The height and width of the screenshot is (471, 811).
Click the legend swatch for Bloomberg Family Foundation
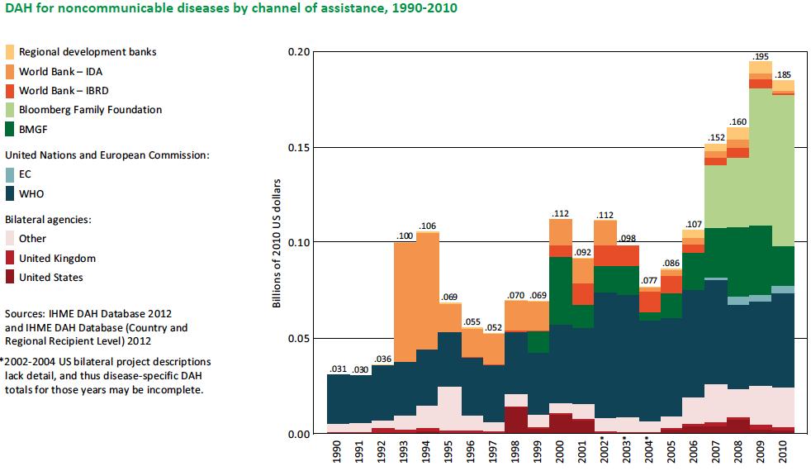point(11,109)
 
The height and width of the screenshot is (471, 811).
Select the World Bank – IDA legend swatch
point(11,71)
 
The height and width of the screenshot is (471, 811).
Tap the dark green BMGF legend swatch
point(11,128)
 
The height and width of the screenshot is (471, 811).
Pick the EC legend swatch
point(11,175)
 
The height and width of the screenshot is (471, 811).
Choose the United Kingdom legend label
point(57,259)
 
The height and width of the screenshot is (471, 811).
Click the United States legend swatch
point(11,278)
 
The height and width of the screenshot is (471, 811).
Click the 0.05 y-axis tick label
point(297,339)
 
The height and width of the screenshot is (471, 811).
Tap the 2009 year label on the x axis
point(761,453)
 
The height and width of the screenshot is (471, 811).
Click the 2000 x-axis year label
point(561,453)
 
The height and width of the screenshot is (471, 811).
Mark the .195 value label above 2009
point(761,56)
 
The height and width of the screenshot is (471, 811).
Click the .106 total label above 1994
point(428,226)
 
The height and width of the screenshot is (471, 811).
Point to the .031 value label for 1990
point(338,369)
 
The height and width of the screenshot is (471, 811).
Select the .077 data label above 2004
point(650,281)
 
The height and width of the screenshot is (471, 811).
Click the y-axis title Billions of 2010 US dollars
point(277,243)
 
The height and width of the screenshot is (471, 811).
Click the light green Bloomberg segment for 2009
point(761,157)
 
